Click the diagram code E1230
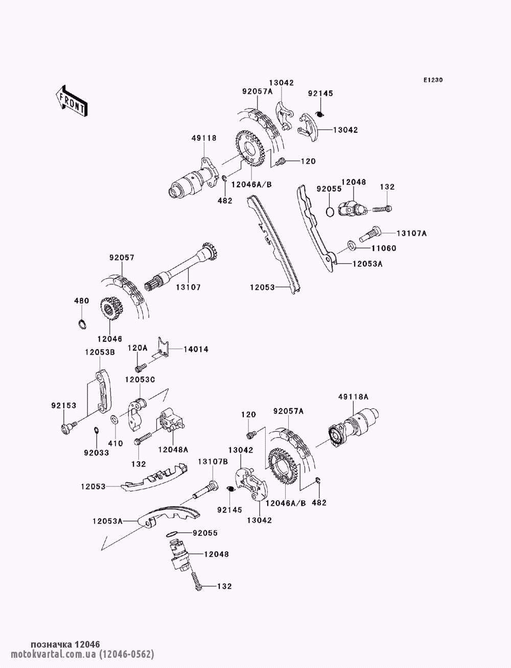[433, 80]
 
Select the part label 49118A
[354, 397]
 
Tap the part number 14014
[196, 350]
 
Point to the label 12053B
[100, 352]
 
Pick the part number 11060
[384, 249]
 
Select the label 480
[82, 301]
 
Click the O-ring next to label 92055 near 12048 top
[330, 212]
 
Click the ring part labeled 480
[81, 325]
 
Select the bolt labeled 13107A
[369, 233]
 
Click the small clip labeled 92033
[96, 430]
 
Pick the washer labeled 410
[114, 419]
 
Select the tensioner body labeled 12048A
[170, 420]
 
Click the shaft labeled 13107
[181, 266]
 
